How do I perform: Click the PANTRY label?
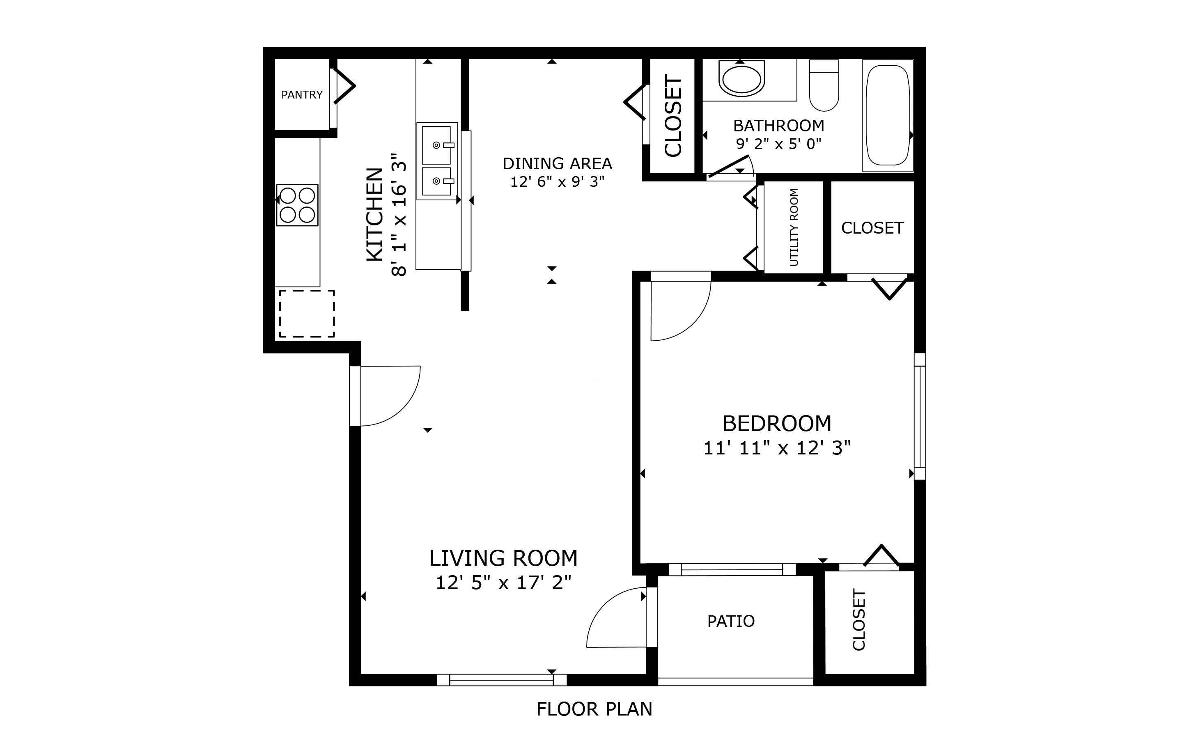point(302,94)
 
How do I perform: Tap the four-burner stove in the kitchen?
point(297,205)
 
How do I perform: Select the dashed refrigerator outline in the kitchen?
point(307,314)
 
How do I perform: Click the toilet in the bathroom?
point(824,85)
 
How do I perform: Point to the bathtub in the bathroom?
point(887,115)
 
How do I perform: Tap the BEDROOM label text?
point(777,423)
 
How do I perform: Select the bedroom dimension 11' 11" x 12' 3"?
point(777,448)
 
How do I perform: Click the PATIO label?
point(731,621)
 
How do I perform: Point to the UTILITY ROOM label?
point(794,227)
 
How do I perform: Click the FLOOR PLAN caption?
point(594,709)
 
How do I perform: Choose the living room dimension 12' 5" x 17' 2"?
point(503,583)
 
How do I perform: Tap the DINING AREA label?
point(557,163)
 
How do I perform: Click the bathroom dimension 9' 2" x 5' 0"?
point(779,144)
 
